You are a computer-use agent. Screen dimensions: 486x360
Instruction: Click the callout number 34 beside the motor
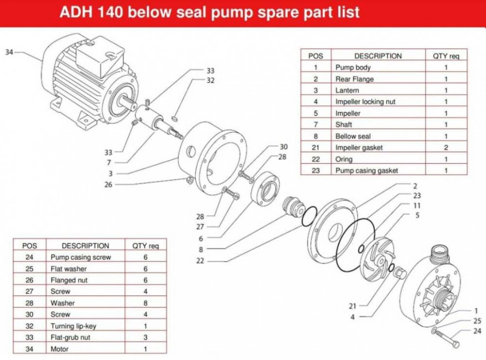[x=9, y=53]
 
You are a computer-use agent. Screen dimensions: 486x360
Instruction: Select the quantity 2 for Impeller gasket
[x=446, y=148]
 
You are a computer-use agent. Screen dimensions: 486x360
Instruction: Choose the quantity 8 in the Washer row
[x=145, y=303]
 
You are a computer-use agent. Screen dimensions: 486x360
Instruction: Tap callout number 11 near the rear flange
[x=417, y=206]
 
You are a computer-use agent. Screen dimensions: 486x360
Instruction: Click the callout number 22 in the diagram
[x=200, y=261]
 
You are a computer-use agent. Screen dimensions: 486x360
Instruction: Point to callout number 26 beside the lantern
[x=108, y=184]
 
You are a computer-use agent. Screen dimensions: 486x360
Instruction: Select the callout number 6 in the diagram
[x=201, y=238]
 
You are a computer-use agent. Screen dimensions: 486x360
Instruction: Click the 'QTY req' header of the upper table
[x=446, y=56]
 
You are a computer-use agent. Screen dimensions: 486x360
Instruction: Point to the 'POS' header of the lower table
[x=30, y=246]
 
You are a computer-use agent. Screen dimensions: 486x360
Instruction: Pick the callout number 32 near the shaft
[x=210, y=80]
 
